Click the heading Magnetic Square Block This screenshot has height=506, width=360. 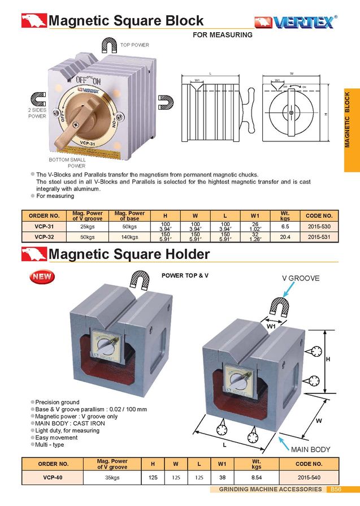click(126, 21)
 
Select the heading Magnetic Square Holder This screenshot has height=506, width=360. click(129, 254)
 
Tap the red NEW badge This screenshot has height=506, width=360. click(41, 277)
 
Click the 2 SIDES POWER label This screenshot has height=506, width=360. click(37, 113)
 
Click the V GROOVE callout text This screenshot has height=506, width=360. click(301, 278)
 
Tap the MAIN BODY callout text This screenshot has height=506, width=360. click(310, 449)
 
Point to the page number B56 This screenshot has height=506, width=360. click(336, 489)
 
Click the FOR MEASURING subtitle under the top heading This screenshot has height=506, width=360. click(223, 35)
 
